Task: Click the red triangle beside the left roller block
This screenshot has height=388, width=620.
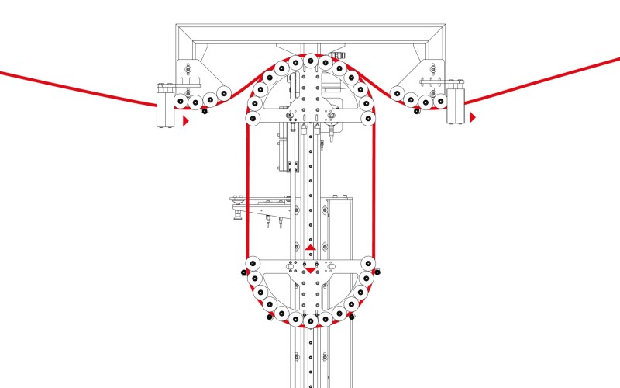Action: pyautogui.click(x=186, y=121)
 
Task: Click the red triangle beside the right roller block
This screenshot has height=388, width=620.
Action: pyautogui.click(x=472, y=117)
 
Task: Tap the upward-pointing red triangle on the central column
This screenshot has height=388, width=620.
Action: pyautogui.click(x=310, y=248)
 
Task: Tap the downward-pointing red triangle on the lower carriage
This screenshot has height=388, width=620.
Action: pyautogui.click(x=310, y=269)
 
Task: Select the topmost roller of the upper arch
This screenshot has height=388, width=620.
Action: pyautogui.click(x=310, y=61)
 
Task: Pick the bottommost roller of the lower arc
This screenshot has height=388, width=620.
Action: pyautogui.click(x=310, y=320)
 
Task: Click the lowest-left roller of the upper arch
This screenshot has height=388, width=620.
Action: pyautogui.click(x=252, y=120)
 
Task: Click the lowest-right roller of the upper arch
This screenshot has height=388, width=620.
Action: pyautogui.click(x=368, y=120)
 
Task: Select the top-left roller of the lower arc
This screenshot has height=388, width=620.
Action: pyautogui.click(x=252, y=263)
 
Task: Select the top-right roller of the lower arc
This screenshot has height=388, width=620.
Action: pyautogui.click(x=369, y=263)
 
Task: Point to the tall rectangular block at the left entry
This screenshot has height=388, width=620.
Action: pyautogui.click(x=165, y=106)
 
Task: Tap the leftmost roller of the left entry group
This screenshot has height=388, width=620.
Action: pyautogui.click(x=179, y=102)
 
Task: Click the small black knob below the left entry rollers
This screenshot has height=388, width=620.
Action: pyautogui.click(x=205, y=111)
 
